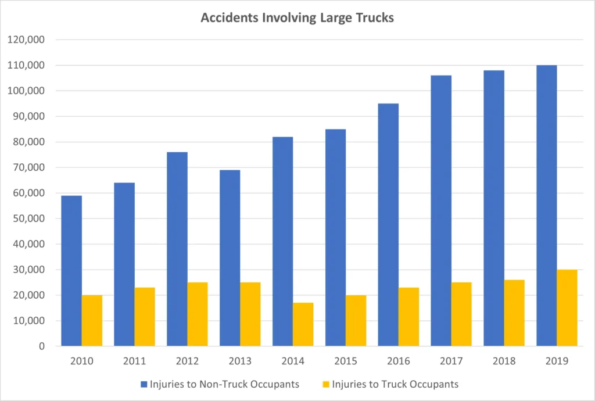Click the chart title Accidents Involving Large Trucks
tap(297, 17)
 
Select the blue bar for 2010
tap(71, 271)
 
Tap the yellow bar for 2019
tap(567, 308)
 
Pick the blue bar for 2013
tap(230, 258)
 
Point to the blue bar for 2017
tap(441, 210)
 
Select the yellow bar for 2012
tap(198, 314)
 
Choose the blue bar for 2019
tap(546, 206)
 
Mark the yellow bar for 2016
tap(408, 317)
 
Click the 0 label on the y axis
tap(42, 346)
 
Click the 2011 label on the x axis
tap(134, 361)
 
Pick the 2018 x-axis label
tap(504, 361)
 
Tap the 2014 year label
tap(293, 361)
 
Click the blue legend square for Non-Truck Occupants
tap(144, 384)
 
